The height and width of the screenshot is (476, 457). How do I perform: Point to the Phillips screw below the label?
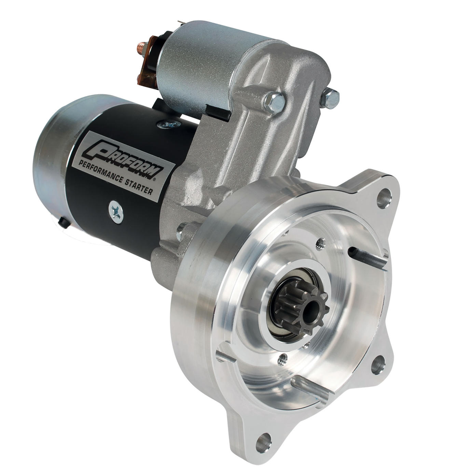pos(116,212)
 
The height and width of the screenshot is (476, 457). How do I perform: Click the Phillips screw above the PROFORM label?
pos(169,124)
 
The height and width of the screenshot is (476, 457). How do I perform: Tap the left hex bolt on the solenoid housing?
pos(275,103)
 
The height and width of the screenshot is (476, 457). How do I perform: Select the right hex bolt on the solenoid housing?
pos(330,99)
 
